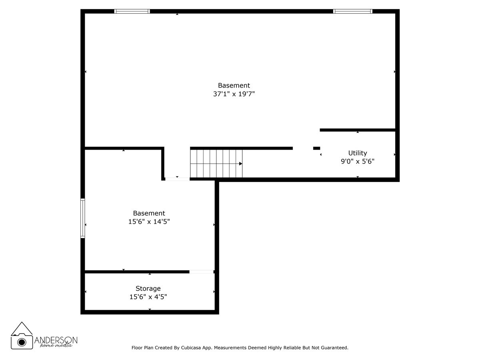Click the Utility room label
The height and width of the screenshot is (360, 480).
pos(357,153)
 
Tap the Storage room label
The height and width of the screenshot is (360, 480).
pos(148,288)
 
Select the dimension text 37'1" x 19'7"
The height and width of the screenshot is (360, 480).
pos(234,94)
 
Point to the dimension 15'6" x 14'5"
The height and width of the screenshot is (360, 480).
pos(149,222)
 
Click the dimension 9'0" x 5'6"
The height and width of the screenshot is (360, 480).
pos(357,162)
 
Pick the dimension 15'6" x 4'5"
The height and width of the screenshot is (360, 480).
pos(148,297)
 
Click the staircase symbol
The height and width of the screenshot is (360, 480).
pos(216,163)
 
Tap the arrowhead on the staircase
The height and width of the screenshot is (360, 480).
pos(240,164)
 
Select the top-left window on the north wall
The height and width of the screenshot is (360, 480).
pos(132,11)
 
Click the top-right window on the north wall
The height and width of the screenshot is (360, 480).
pos(353,11)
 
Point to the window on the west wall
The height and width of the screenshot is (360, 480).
pos(83,218)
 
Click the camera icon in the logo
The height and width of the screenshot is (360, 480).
pos(22,341)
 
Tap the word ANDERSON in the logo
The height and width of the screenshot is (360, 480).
pos(56,340)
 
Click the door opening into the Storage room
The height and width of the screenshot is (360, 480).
pos(201,272)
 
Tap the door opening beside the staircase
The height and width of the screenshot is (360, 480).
pos(177,179)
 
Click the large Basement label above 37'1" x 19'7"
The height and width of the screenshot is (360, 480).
pos(234,85)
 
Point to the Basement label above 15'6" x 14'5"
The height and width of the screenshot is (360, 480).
pos(149,213)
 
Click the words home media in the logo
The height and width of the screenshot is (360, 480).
pos(56,345)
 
